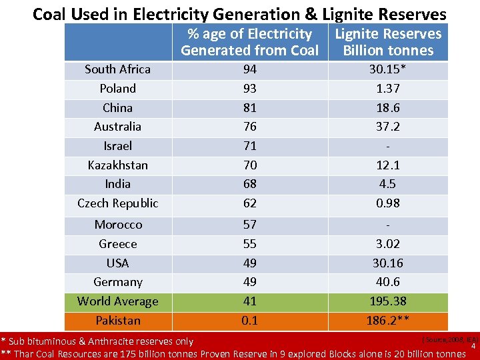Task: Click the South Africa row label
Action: [118, 69]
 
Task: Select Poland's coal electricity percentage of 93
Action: [250, 89]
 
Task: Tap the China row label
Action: [118, 108]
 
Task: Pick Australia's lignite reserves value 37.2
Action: [387, 127]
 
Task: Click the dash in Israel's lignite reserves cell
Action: [387, 146]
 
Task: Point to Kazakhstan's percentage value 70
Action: [250, 165]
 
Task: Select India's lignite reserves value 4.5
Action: [387, 184]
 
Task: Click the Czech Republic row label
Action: [118, 203]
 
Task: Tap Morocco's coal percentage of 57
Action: [250, 225]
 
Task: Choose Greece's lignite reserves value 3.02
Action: [387, 244]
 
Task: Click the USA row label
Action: [118, 263]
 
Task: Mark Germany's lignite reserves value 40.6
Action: [387, 282]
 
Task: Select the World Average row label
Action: [118, 301]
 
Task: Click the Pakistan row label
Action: [118, 321]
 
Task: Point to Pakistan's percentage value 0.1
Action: [250, 321]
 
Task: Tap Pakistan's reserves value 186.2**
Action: [387, 321]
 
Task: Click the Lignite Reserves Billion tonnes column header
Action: [387, 42]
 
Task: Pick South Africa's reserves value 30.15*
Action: [387, 69]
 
